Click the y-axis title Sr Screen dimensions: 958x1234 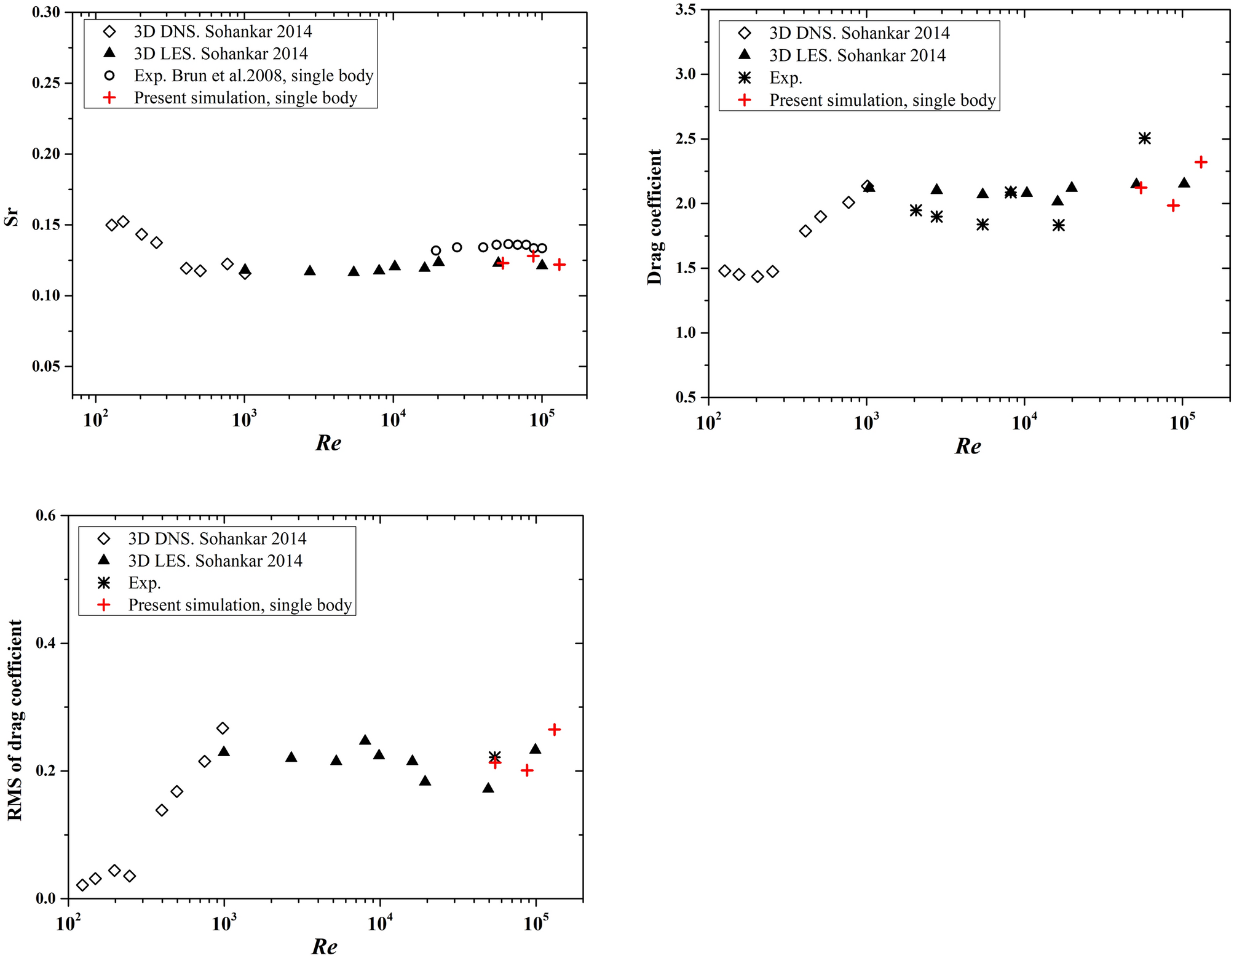(12, 218)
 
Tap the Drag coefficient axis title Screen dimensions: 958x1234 (654, 217)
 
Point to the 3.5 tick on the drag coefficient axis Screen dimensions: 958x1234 (686, 10)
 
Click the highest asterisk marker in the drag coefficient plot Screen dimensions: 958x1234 (1144, 138)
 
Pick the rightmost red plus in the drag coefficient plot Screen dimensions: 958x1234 (1201, 162)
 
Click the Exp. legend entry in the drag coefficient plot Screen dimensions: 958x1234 (785, 78)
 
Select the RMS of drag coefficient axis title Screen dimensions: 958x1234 (15, 720)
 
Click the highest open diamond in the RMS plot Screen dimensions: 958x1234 (223, 728)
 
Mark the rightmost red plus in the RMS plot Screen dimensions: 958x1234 (554, 729)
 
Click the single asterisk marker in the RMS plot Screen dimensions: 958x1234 (494, 756)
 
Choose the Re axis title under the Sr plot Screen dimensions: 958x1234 (328, 443)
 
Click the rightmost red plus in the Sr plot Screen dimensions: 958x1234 (559, 265)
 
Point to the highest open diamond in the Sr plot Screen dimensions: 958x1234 (123, 222)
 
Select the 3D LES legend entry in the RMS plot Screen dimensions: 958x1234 (215, 561)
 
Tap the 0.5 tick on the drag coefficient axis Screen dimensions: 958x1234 (686, 397)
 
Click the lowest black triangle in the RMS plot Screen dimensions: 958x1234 (488, 788)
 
